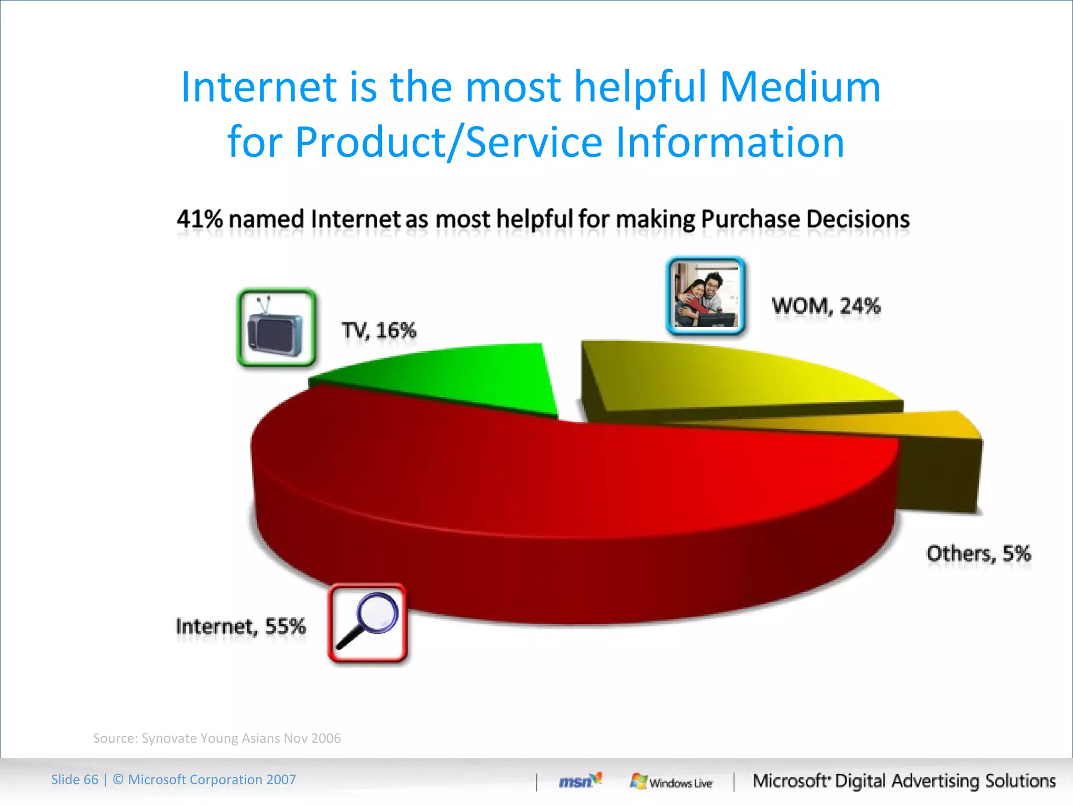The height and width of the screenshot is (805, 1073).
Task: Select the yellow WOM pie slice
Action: click(x=733, y=377)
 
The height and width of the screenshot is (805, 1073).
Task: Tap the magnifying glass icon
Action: click(x=367, y=623)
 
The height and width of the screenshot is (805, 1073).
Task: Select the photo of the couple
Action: click(x=705, y=296)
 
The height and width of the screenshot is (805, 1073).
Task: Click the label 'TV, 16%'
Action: click(x=379, y=331)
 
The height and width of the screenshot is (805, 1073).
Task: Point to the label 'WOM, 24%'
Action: click(x=826, y=306)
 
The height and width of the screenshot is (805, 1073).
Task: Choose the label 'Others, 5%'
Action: click(x=978, y=553)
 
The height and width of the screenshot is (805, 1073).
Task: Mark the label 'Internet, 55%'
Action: click(x=240, y=626)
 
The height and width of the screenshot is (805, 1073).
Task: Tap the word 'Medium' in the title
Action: click(x=800, y=87)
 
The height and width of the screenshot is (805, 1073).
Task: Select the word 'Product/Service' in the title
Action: click(x=448, y=143)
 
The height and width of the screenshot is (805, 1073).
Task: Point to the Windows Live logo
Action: click(x=671, y=782)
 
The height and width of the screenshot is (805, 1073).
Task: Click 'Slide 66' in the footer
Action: click(x=74, y=780)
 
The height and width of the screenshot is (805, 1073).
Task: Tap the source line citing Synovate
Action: click(x=217, y=738)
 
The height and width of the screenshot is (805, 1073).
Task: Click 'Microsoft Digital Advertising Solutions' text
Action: click(x=904, y=781)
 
